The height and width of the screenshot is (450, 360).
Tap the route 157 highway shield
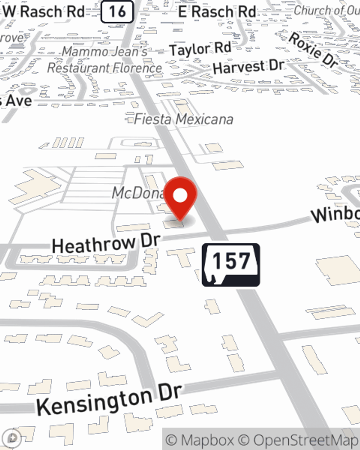click(x=231, y=265)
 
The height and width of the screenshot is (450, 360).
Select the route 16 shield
click(x=117, y=12)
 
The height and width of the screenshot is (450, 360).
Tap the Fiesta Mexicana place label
click(x=184, y=119)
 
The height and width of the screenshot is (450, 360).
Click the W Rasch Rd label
click(x=44, y=12)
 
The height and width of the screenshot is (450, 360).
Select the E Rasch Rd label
click(x=217, y=12)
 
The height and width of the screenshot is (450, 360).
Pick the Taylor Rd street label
click(x=200, y=49)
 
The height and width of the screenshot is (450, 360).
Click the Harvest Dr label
click(x=248, y=67)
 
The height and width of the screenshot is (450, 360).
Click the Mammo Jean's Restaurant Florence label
click(x=105, y=60)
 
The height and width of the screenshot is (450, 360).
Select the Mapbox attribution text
click(x=200, y=440)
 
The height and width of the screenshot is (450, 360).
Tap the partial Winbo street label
click(x=335, y=214)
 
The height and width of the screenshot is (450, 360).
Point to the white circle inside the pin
click(x=181, y=195)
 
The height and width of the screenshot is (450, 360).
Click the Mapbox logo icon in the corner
click(x=13, y=438)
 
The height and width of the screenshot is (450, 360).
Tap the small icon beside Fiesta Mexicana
click(x=129, y=118)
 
